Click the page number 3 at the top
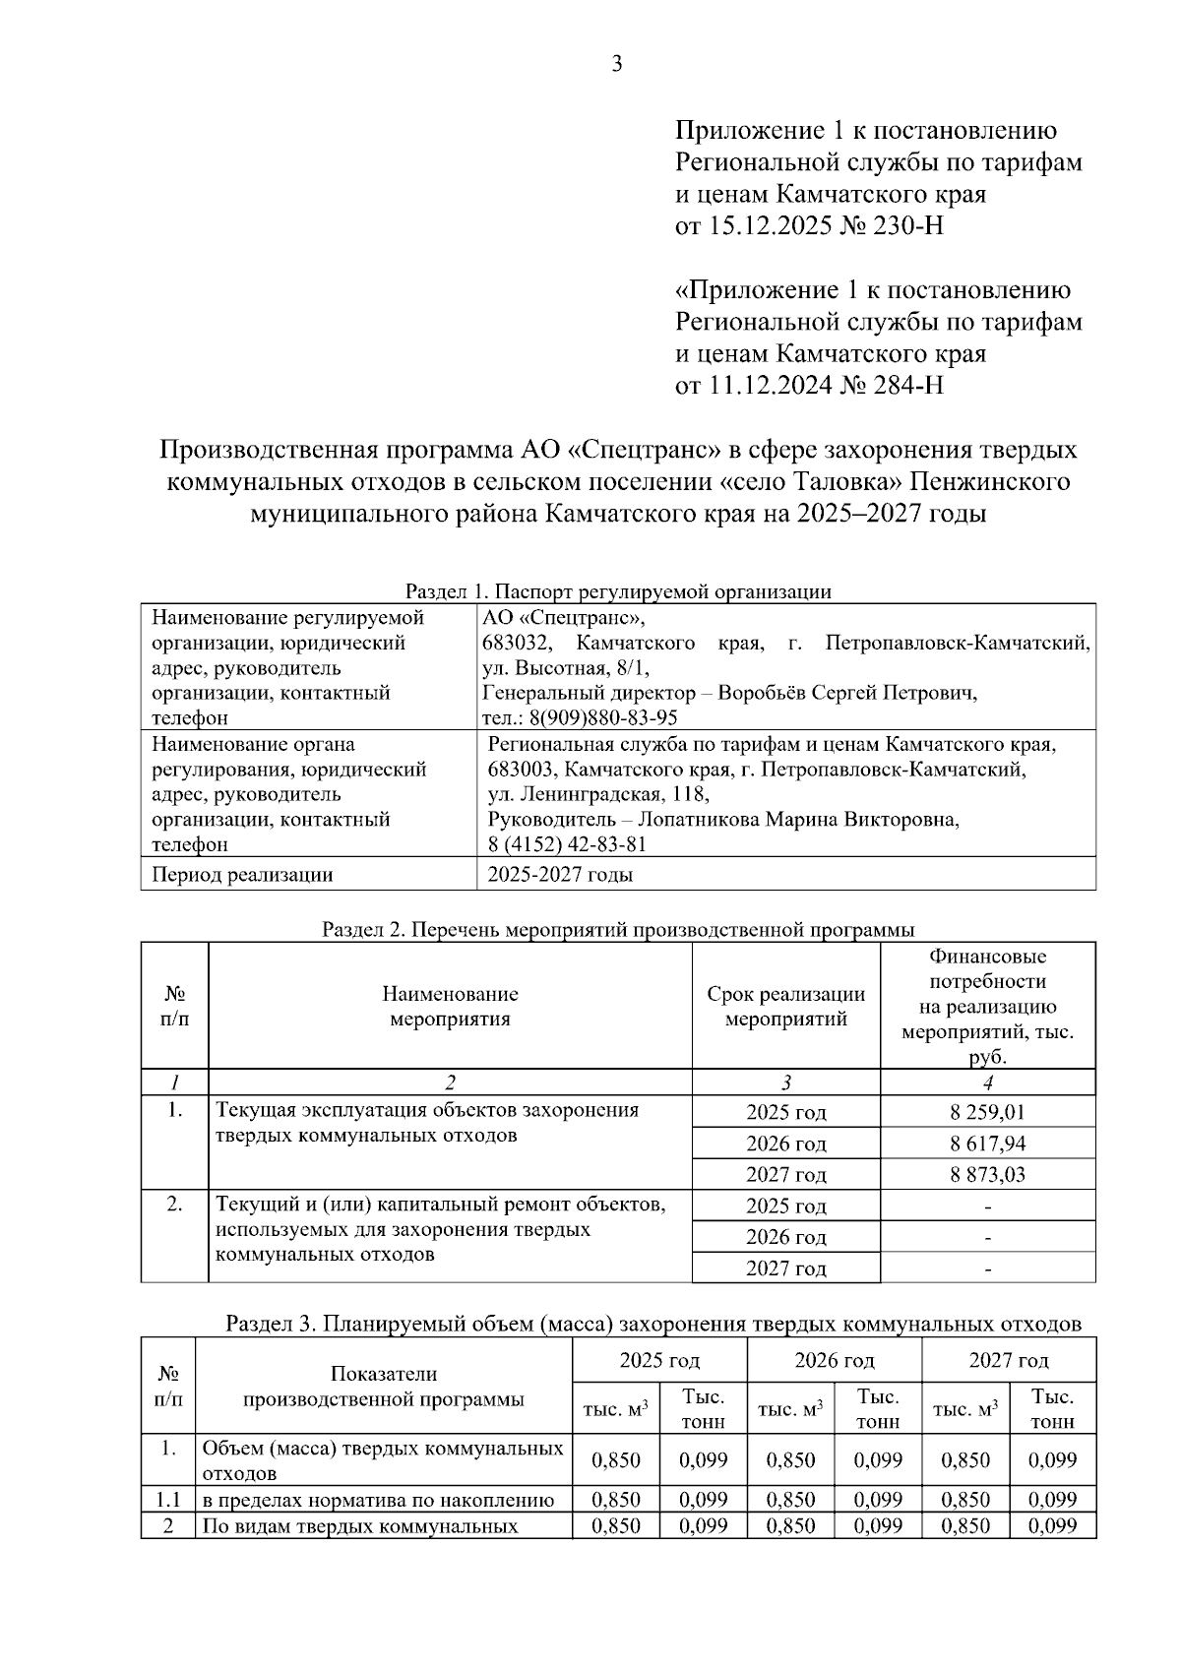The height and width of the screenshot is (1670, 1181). pos(617,65)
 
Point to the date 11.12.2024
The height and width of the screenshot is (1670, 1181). pos(767,385)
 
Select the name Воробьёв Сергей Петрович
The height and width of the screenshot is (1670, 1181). pos(847,693)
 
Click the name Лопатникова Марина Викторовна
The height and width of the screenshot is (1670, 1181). pos(799,819)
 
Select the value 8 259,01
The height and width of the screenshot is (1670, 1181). pos(987,1112)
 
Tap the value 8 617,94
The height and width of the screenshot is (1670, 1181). pos(987,1144)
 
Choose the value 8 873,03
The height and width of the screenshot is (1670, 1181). pos(987,1174)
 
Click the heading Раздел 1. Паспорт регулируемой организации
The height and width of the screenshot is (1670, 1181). pos(618,591)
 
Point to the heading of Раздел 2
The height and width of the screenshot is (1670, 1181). pos(618,929)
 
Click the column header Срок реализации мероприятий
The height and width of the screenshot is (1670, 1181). pos(785,1006)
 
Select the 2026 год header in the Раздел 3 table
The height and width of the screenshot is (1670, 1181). pos(834,1360)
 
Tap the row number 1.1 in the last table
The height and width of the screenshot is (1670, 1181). pos(168,1500)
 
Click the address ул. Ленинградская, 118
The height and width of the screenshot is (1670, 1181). pos(597,793)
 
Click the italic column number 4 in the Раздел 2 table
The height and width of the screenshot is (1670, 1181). pos(987,1082)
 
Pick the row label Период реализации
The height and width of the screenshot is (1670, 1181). pos(241,875)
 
